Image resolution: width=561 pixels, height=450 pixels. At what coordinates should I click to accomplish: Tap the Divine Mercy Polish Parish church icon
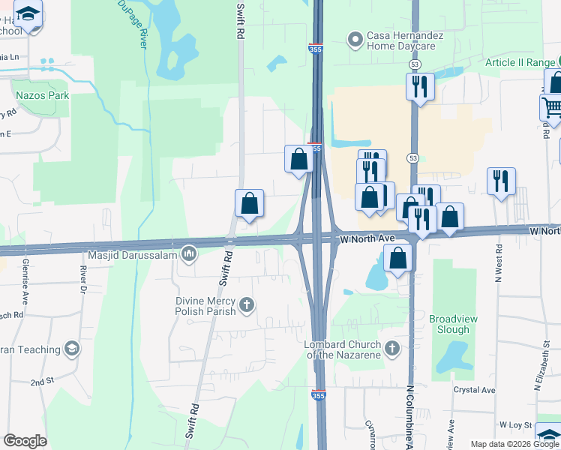click(247, 305)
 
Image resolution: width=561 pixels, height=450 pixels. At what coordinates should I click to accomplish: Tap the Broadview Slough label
click(453, 324)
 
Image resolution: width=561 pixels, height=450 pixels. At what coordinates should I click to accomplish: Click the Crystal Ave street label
click(474, 390)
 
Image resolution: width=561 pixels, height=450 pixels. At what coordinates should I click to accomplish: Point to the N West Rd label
click(497, 268)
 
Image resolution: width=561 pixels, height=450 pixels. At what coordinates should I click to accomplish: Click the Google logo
click(25, 441)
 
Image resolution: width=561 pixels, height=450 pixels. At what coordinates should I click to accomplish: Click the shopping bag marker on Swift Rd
click(249, 203)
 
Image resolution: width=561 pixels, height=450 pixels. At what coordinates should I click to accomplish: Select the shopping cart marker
click(552, 107)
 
